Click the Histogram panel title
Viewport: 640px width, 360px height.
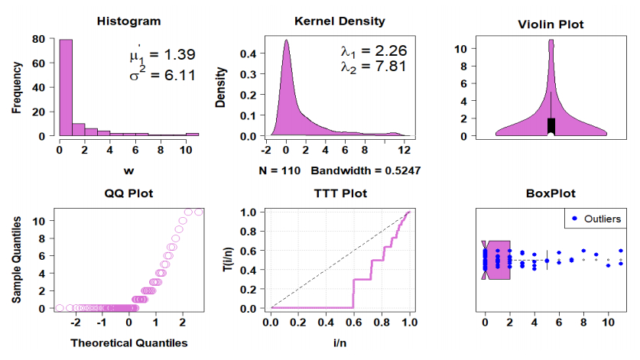click(x=128, y=21)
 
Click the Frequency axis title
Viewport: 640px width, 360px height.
click(x=17, y=87)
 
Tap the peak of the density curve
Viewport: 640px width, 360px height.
click(x=286, y=41)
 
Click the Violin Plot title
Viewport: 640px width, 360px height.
click(x=551, y=25)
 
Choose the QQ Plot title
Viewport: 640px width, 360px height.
click(x=128, y=193)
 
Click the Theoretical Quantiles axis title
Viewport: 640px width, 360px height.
click(x=128, y=343)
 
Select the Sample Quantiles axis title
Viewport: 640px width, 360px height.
click(x=17, y=258)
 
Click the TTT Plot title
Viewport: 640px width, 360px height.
click(x=339, y=193)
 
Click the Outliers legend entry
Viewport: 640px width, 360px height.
click(x=601, y=219)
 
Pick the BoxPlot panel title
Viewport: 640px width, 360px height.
click(x=551, y=193)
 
